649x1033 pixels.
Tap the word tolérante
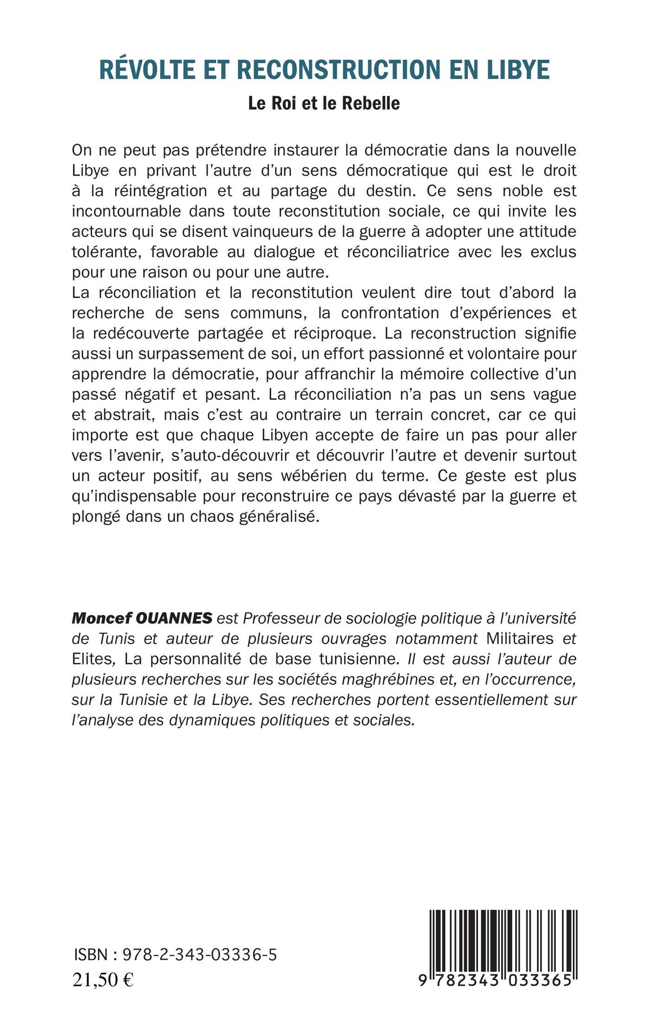107,252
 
